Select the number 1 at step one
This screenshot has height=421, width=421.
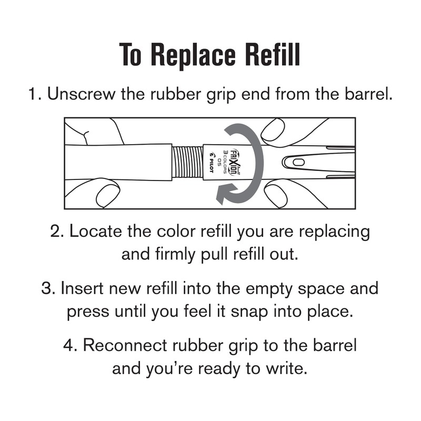pos(33,95)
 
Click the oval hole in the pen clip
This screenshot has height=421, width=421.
pos(296,162)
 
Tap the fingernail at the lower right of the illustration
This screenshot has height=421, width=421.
pos(275,195)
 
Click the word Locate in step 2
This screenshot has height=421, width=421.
pos(92,232)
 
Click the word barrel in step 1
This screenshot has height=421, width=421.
pos(367,95)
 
